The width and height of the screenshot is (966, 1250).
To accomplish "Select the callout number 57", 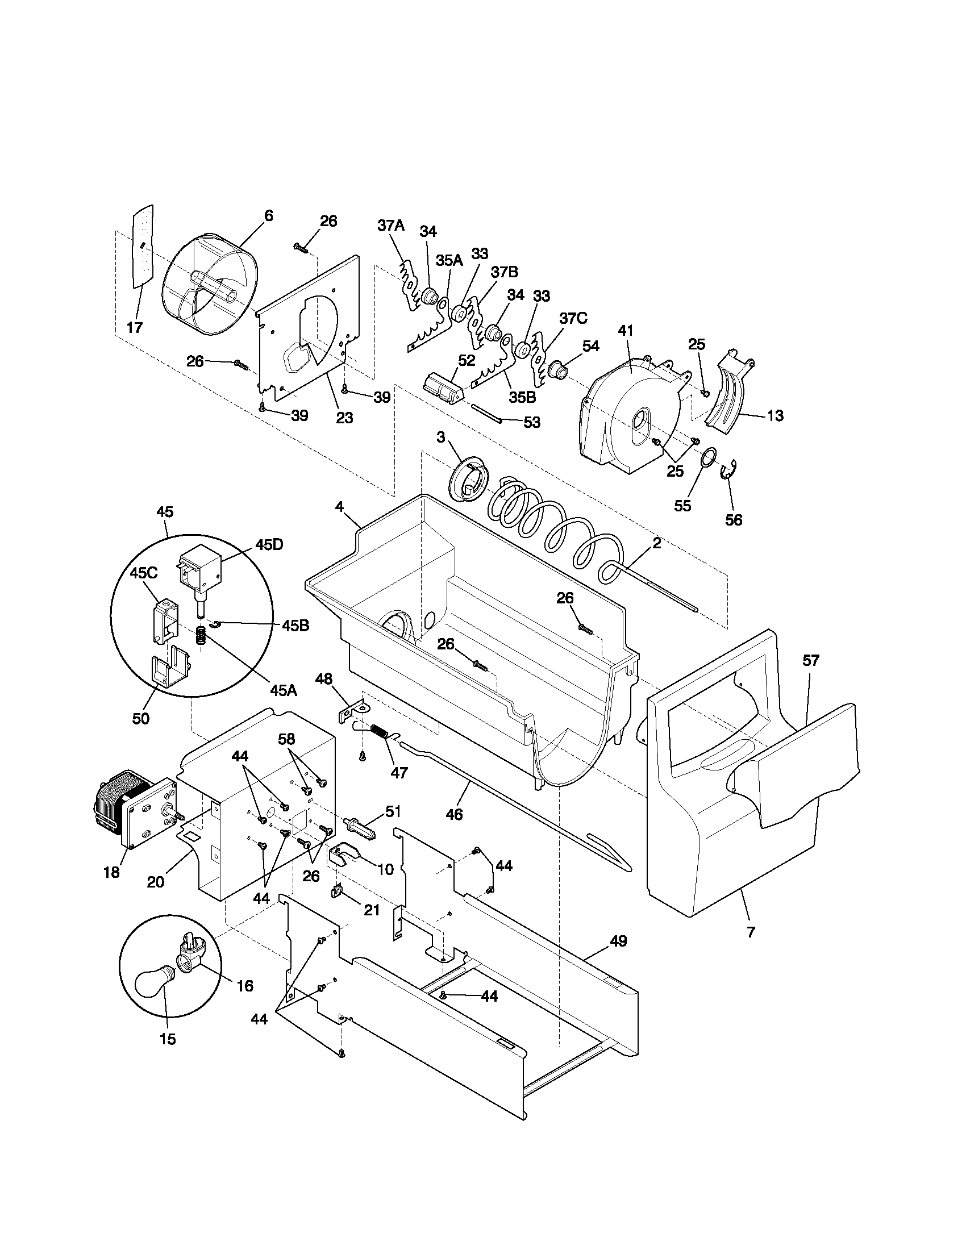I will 810,660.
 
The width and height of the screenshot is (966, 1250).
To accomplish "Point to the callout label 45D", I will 269,545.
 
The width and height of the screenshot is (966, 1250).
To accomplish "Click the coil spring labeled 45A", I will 201,636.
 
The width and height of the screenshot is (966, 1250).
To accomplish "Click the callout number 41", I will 626,331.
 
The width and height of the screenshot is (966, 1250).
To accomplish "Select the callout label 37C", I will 573,319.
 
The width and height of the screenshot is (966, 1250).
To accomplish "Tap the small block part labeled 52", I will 444,390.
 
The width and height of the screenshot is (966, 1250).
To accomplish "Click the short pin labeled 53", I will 486,413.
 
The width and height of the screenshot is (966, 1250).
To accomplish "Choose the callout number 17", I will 135,328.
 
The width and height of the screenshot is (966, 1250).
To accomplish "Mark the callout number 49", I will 619,941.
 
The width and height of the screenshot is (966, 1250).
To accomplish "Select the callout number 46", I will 454,814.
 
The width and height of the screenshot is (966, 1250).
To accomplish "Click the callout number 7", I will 751,932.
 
